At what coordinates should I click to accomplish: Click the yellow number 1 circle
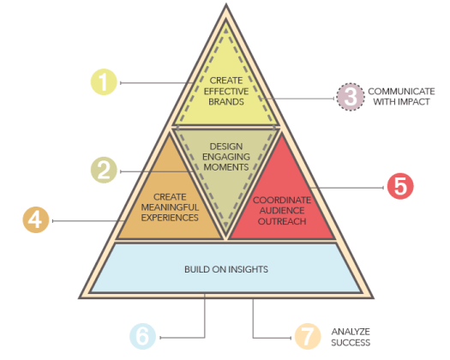(105, 82)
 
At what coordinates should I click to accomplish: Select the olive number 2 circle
(105, 170)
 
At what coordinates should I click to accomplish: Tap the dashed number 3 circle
(348, 96)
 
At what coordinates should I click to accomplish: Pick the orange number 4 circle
(36, 220)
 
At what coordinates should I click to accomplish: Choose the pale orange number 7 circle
(306, 336)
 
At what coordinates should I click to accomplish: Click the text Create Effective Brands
(226, 91)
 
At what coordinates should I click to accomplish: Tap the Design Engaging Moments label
(226, 156)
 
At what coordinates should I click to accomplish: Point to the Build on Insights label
(226, 269)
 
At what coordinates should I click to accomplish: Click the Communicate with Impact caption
(402, 96)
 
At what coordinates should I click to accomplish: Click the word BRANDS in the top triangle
(226, 101)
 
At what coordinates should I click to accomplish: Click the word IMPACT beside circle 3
(414, 103)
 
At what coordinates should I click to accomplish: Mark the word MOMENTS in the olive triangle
(226, 166)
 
